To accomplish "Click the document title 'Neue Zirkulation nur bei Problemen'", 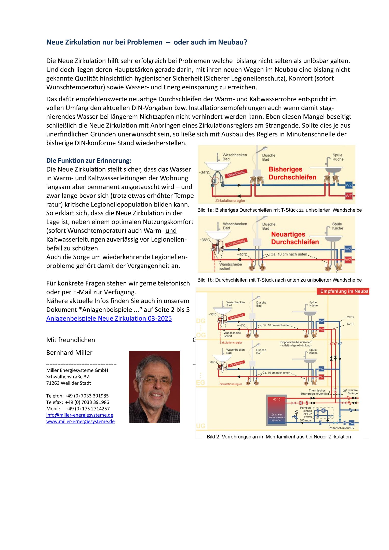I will pyautogui.click(x=104, y=42).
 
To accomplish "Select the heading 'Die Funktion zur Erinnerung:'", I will pyautogui.click(x=89, y=160).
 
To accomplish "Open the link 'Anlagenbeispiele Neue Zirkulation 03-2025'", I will pyautogui.click(x=109, y=319).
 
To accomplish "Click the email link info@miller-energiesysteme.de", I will pyautogui.click(x=79, y=415).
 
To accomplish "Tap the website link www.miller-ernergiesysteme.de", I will pyautogui.click(x=80, y=421).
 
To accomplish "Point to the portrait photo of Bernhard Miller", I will pyautogui.click(x=154, y=387).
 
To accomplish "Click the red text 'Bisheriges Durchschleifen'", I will pyautogui.click(x=292, y=173).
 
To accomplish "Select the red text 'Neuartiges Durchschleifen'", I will pyautogui.click(x=294, y=238).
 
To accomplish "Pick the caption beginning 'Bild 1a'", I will pyautogui.click(x=279, y=210).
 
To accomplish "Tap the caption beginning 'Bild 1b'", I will pyautogui.click(x=279, y=280).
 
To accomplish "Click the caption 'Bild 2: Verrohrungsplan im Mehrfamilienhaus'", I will pyautogui.click(x=278, y=437).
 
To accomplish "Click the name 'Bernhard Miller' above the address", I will pyautogui.click(x=69, y=353).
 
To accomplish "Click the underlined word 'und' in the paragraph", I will pyautogui.click(x=171, y=231).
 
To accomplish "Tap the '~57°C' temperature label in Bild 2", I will pyautogui.click(x=349, y=324).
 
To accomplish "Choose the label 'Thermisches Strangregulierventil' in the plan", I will pyautogui.click(x=313, y=392).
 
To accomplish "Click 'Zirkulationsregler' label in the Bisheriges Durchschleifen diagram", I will pyautogui.click(x=230, y=201).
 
